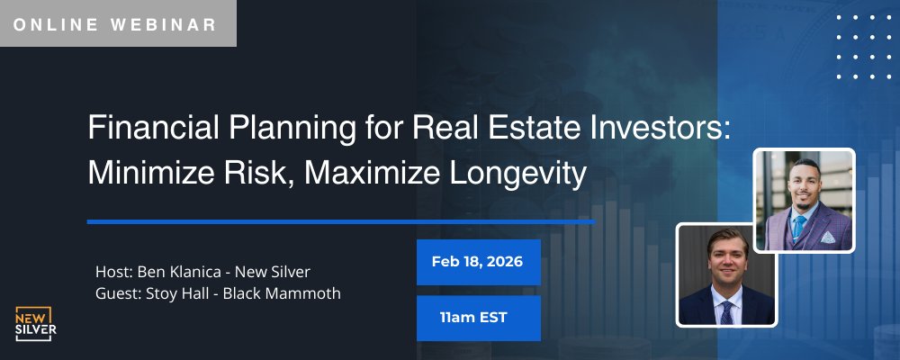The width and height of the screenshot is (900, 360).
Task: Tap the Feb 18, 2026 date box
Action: (x=478, y=262)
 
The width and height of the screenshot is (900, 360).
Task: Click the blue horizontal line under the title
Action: (x=341, y=220)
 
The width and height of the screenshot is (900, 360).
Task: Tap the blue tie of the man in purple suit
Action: (x=797, y=227)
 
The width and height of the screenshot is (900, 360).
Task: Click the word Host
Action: (x=112, y=271)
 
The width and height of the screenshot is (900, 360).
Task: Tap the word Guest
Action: (x=115, y=294)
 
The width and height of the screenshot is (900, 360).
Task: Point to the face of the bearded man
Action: (x=800, y=187)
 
